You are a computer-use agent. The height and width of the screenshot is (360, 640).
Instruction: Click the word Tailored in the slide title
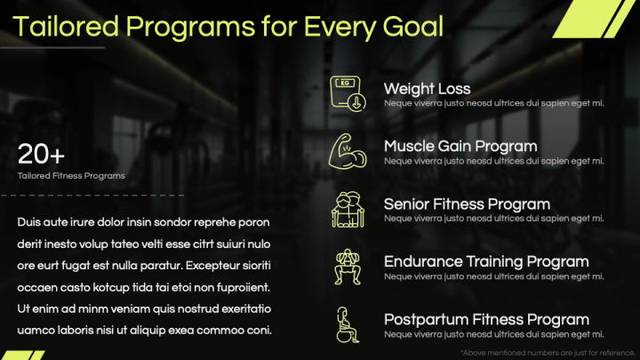(65, 27)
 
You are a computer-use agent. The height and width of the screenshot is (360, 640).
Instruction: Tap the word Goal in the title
(413, 28)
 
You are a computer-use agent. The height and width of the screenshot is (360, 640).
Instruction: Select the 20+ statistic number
(41, 155)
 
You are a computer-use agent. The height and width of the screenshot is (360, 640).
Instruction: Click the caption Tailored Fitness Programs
(71, 176)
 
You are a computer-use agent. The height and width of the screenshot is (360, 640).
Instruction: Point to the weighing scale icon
(348, 93)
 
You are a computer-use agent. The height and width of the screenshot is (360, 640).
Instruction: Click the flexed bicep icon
(348, 151)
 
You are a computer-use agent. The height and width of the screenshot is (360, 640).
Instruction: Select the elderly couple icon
(348, 210)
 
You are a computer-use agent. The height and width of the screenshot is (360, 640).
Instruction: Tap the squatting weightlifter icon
(348, 267)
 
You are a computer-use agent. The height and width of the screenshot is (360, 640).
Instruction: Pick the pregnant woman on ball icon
(348, 325)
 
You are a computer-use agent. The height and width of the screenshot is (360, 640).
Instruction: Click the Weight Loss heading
(427, 89)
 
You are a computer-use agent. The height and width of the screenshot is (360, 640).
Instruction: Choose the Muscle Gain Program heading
(460, 147)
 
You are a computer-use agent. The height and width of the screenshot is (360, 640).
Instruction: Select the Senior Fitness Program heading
(467, 204)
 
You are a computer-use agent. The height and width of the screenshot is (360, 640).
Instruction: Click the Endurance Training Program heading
(486, 262)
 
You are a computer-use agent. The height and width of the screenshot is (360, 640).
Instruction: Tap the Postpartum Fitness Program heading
(486, 320)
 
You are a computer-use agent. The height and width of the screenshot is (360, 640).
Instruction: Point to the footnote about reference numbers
(548, 353)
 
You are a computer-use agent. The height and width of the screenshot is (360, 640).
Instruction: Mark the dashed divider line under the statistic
(92, 196)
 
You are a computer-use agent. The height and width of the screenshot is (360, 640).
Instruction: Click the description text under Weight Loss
(494, 103)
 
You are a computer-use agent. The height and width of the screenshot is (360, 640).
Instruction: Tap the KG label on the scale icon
(345, 83)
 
